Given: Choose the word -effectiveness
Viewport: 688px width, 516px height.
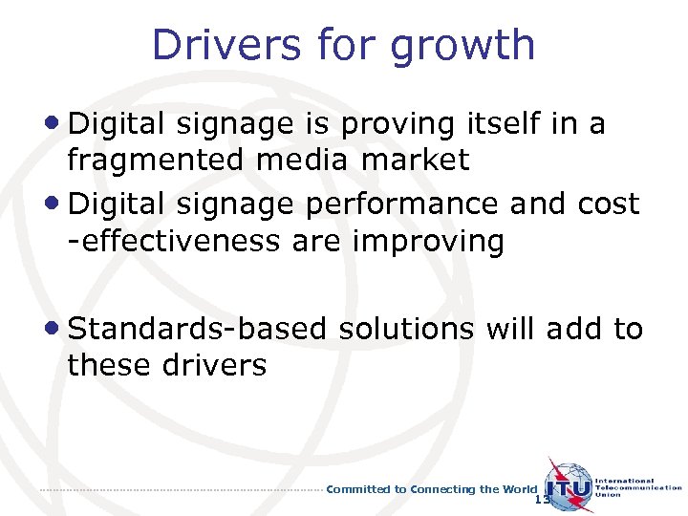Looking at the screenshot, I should (x=169, y=241).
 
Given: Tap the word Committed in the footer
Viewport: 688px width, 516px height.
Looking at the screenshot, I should (x=359, y=489).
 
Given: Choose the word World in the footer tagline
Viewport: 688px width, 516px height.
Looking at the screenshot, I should (x=520, y=489).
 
